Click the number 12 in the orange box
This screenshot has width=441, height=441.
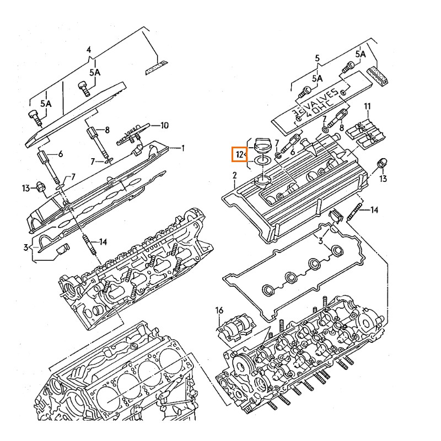[239, 154]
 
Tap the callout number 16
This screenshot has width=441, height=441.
[219, 310]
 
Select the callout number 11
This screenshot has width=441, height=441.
[367, 106]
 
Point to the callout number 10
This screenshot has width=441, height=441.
[164, 125]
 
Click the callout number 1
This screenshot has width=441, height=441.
[182, 148]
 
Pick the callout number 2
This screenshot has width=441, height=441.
[235, 175]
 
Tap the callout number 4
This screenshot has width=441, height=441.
[89, 50]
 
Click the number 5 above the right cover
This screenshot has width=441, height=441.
[318, 58]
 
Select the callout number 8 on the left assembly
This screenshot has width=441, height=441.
[107, 130]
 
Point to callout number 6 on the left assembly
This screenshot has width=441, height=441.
[60, 154]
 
